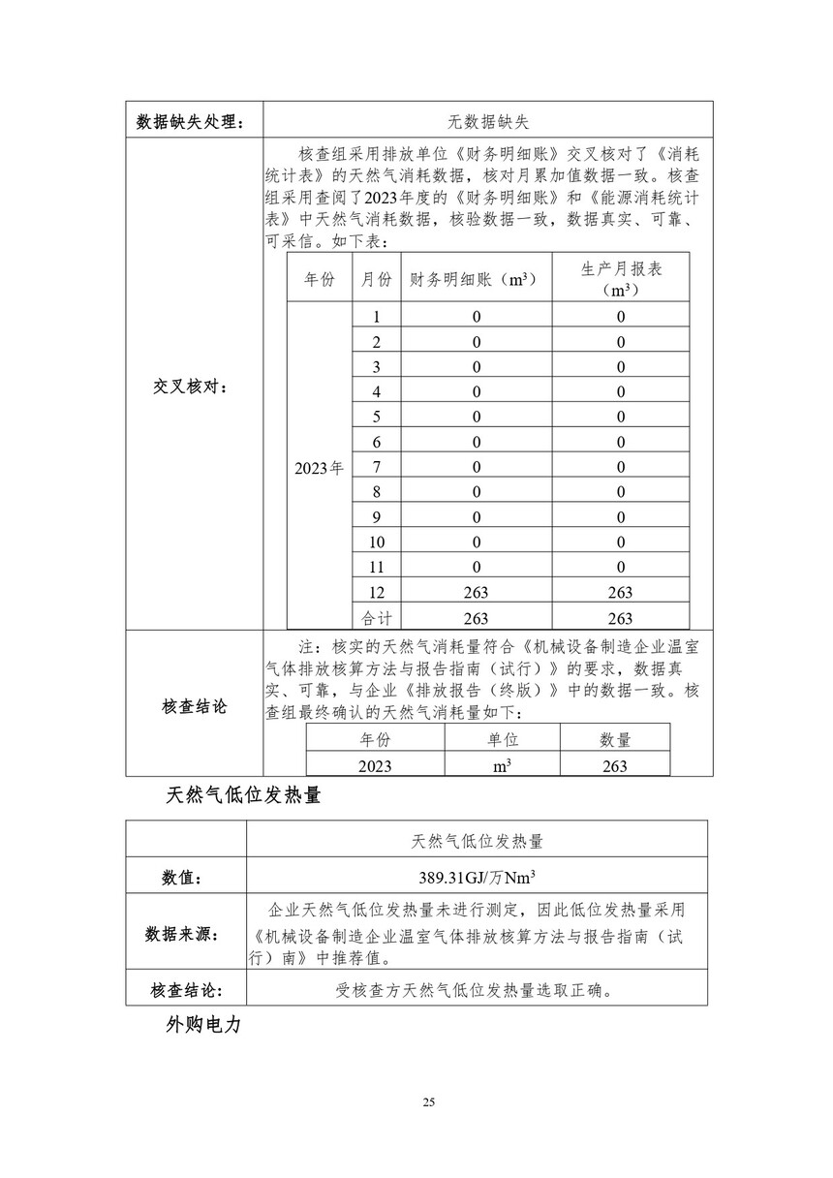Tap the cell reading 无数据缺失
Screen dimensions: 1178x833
487,121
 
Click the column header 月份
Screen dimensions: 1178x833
376,279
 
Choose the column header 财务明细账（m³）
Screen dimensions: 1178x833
474,279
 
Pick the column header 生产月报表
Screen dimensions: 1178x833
620,268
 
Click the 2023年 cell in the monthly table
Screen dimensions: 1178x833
319,467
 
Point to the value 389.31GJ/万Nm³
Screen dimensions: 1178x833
476,878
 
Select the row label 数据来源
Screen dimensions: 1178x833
183,934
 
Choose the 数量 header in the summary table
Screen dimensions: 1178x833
614,739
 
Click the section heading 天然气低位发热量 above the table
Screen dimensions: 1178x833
243,796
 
